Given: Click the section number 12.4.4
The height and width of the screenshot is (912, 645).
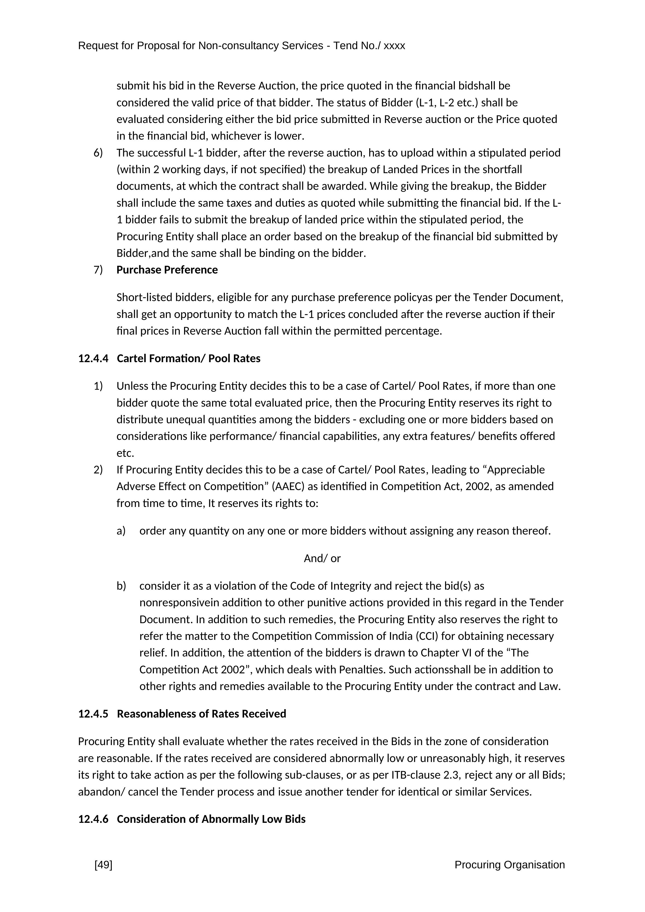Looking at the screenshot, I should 93,359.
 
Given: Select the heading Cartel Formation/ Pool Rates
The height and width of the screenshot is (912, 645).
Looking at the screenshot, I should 189,359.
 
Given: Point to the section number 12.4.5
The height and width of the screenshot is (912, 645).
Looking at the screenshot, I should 93,714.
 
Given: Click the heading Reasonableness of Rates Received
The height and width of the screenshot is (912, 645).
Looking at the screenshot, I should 201,714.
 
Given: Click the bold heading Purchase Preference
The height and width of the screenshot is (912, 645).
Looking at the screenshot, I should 167,270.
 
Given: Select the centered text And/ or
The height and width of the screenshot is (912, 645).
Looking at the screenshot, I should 322,558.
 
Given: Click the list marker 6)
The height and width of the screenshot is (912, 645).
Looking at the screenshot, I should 98,153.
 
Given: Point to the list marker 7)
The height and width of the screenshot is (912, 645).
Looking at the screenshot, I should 98,270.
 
